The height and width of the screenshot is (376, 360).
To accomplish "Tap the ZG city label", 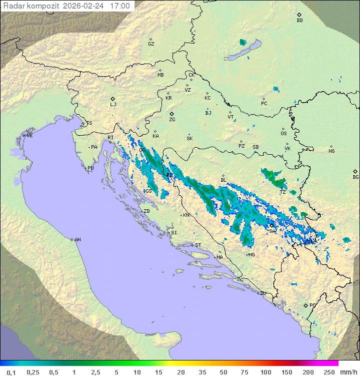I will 172,120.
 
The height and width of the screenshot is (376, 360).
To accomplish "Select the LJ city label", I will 113,105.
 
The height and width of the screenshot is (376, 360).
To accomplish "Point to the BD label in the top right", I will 299,21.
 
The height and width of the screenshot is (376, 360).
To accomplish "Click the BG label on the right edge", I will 355,177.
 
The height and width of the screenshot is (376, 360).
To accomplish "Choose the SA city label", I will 272,231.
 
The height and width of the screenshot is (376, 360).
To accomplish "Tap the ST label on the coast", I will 198,245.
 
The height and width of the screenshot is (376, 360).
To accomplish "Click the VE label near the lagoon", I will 29,136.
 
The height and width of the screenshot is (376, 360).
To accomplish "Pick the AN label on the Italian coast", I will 77,240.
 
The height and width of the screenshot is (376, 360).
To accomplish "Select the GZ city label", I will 151,44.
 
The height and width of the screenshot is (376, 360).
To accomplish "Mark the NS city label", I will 331,151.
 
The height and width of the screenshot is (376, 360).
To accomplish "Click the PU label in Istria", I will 90,168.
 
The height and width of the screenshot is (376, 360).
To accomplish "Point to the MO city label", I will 251,254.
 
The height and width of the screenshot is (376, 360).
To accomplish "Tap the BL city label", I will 223,180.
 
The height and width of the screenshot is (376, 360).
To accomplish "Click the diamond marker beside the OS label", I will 284,128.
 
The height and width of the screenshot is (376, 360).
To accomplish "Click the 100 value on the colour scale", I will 265,372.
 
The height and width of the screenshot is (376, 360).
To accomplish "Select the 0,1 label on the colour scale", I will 11,372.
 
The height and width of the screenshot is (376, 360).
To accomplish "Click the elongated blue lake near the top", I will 243,51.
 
